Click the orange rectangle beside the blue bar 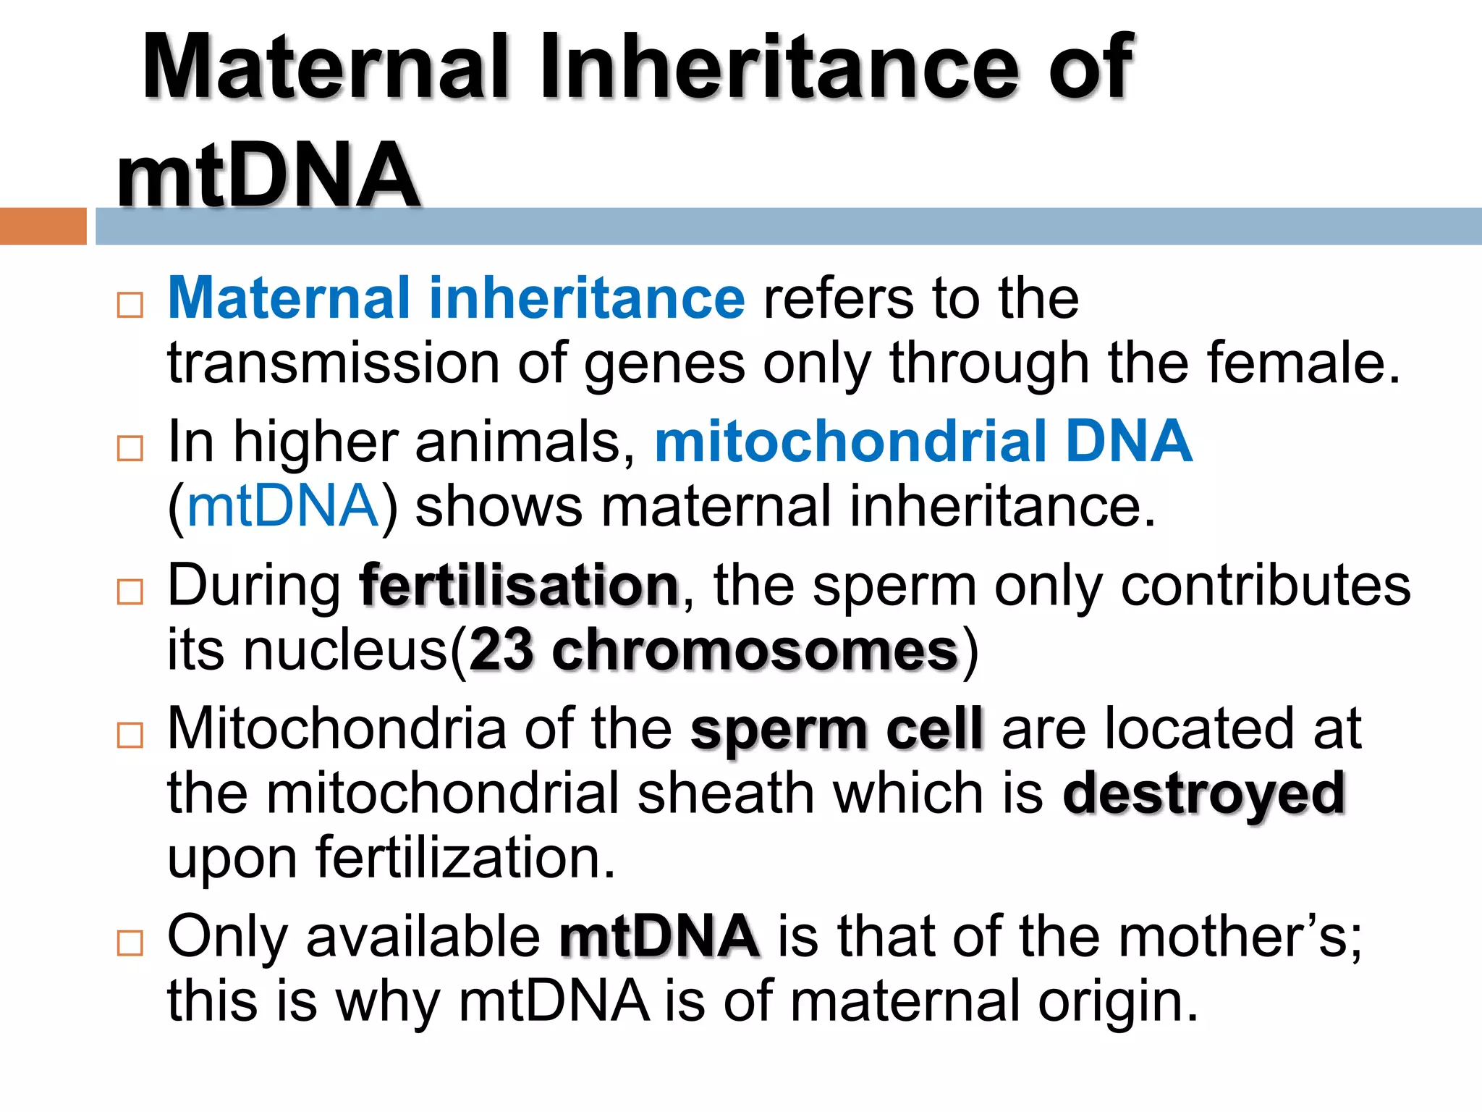pos(43,226)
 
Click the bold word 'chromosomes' pos(755,649)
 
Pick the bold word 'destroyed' pos(1203,793)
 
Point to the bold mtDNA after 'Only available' pos(659,936)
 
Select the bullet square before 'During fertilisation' pos(130,592)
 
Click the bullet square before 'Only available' pos(130,943)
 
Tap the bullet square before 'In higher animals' pos(130,449)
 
